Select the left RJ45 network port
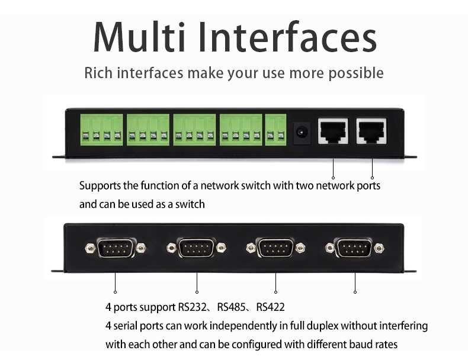click(333, 131)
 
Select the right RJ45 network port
click(371, 131)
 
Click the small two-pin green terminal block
click(275, 129)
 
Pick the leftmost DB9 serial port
click(116, 247)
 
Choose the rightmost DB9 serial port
click(354, 247)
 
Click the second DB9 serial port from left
click(196, 247)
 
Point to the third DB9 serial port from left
click(275, 247)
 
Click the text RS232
click(194, 308)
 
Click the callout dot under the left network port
click(333, 177)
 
